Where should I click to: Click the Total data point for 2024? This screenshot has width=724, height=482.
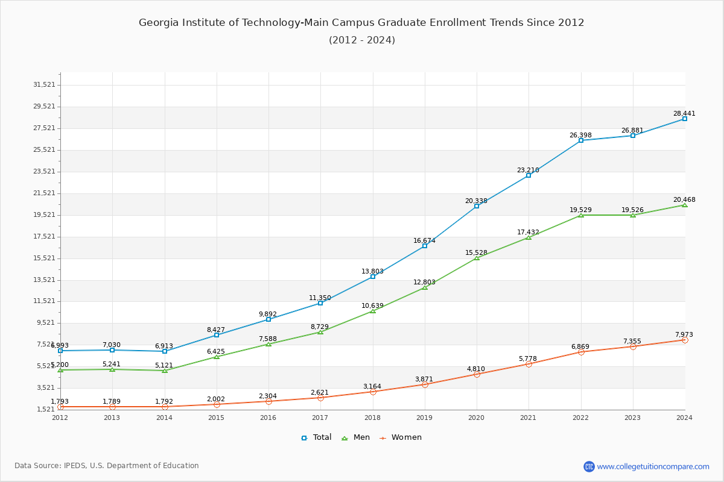tap(685, 119)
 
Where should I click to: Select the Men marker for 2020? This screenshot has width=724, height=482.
tap(477, 258)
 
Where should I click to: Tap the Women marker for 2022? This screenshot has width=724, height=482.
tap(581, 352)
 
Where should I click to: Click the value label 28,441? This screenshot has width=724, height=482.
tap(684, 113)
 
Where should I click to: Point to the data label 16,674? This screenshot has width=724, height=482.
tap(424, 240)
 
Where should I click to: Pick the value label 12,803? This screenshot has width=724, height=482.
tap(424, 282)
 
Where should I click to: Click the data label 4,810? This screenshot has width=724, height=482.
tap(476, 369)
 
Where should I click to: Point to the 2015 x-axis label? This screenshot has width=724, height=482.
tap(216, 418)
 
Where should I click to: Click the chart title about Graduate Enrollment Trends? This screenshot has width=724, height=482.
tap(361, 23)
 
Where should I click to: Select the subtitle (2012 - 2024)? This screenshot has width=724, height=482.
tap(361, 40)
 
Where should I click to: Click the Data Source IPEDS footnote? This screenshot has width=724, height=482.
tap(107, 466)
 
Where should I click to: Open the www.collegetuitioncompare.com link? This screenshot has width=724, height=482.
tap(653, 466)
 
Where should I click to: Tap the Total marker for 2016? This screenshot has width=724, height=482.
tap(268, 319)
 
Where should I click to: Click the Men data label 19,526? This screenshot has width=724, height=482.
tap(632, 210)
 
